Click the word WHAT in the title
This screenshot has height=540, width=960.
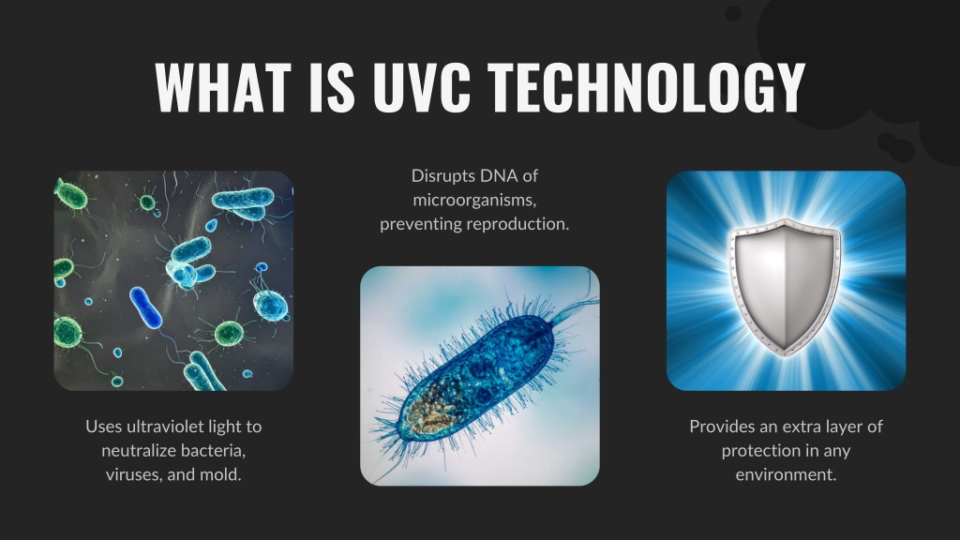[223, 87]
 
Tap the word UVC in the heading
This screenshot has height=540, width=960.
[421, 87]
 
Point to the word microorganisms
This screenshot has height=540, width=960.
[474, 201]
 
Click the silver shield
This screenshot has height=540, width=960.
[786, 287]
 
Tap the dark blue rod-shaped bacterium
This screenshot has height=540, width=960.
[145, 307]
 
